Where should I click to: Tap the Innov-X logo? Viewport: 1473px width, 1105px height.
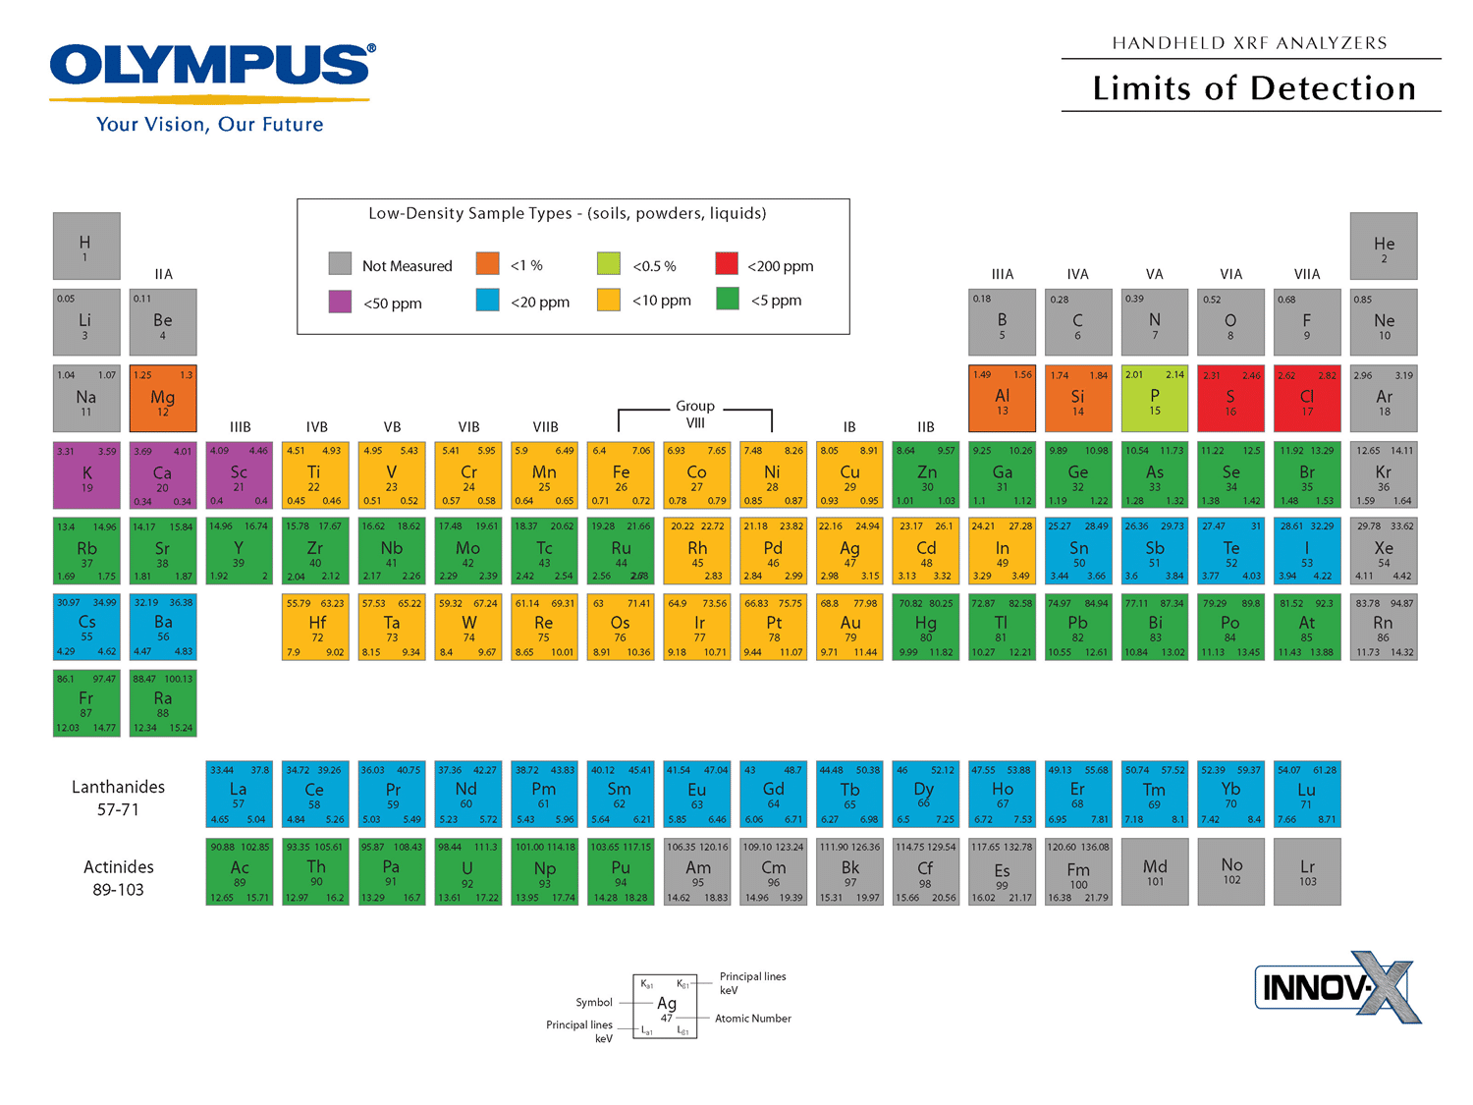coord(1337,986)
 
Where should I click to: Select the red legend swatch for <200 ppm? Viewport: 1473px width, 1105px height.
coord(727,264)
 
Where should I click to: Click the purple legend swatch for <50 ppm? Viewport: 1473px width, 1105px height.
coord(340,302)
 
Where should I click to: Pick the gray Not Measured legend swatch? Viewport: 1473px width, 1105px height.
coord(340,264)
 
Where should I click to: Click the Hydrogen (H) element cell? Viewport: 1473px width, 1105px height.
coord(86,246)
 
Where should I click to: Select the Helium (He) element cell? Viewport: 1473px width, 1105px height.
coord(1384,246)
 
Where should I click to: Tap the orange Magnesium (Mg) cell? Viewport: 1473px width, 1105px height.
coord(163,399)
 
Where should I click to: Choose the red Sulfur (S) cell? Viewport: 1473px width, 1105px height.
coord(1230,399)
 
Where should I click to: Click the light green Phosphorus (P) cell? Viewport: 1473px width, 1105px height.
coord(1155,399)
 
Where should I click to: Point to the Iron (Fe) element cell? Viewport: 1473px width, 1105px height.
coord(621,474)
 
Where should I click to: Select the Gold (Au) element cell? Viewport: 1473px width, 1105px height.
coord(850,627)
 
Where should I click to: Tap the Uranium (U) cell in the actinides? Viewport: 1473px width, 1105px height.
coord(467,871)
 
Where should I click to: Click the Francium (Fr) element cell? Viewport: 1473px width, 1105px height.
coord(86,702)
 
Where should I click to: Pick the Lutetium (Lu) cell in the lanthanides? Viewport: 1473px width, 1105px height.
coord(1307,795)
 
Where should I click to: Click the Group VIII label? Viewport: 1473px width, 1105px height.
coord(695,414)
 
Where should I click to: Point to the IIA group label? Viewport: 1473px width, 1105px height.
coord(163,274)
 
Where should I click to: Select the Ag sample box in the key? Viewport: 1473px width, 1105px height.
coord(666,1006)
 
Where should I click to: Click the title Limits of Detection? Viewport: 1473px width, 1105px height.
coord(1254,88)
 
